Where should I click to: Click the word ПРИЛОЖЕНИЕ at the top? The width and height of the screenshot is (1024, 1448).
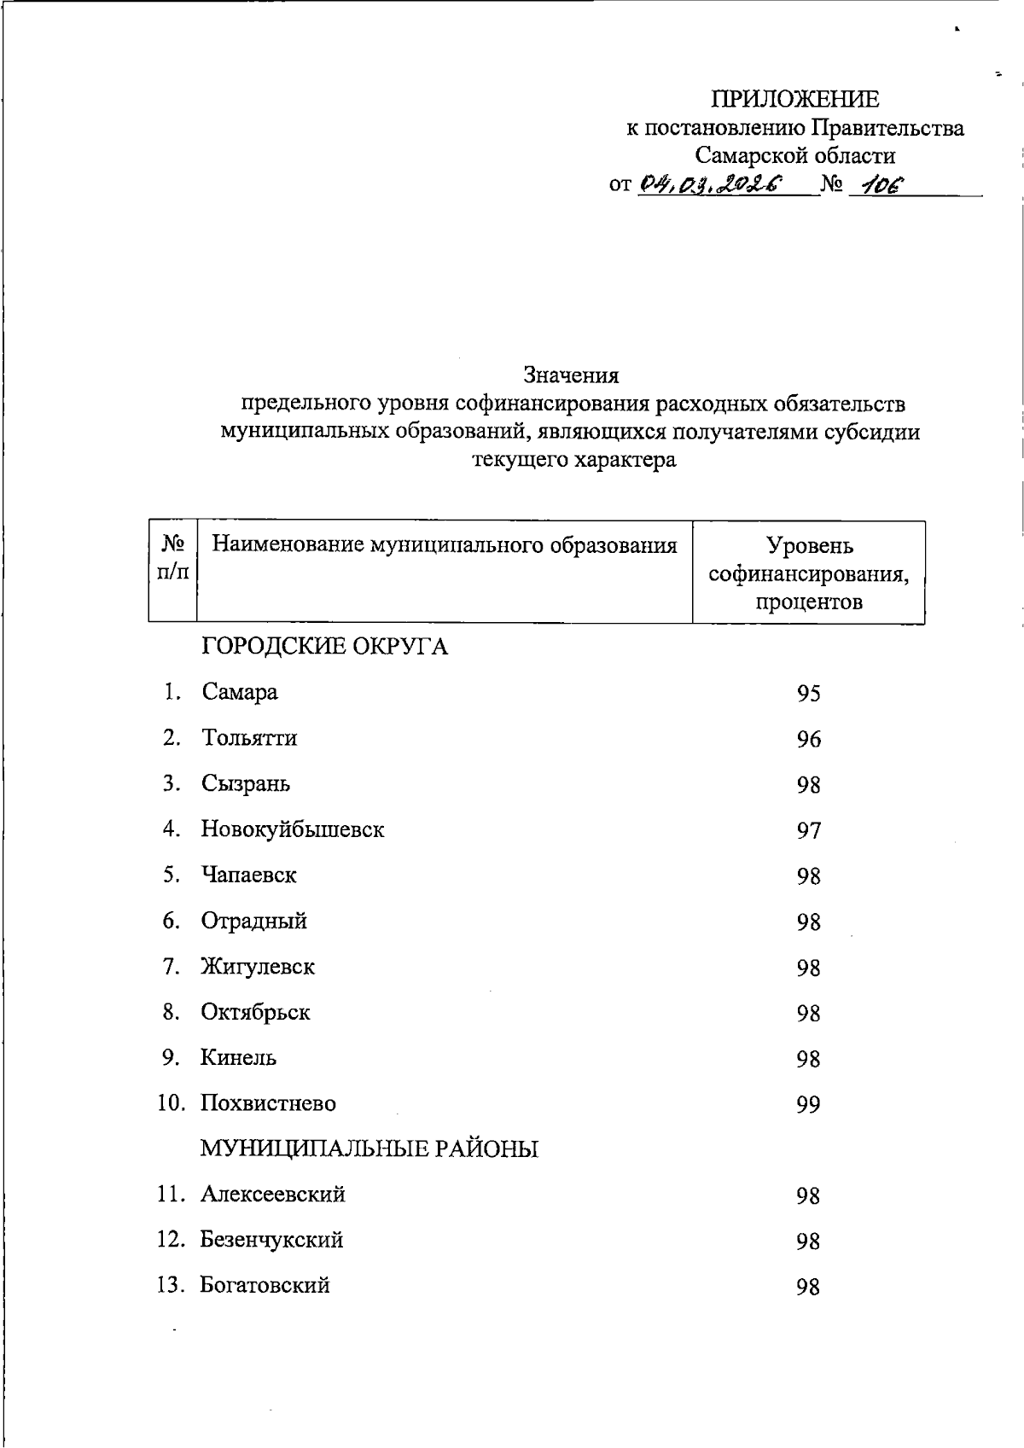click(x=795, y=100)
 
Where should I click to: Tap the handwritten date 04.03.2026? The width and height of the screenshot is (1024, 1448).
click(x=711, y=183)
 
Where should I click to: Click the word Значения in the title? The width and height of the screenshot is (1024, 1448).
click(x=571, y=375)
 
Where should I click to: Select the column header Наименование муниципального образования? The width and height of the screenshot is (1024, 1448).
click(x=444, y=544)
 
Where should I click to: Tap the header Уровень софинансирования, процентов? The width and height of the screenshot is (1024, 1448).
click(x=808, y=573)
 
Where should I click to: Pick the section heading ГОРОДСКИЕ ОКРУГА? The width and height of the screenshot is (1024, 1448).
click(x=324, y=647)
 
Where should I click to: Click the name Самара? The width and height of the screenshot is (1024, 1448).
click(x=240, y=692)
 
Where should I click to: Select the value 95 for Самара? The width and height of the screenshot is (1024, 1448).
click(x=808, y=694)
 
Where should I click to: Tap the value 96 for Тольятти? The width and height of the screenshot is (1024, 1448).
click(x=808, y=739)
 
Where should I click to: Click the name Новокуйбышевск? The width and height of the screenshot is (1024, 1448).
click(x=293, y=829)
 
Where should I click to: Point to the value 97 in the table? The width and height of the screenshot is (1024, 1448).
click(x=808, y=830)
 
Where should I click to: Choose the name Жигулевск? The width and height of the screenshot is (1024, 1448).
click(x=258, y=967)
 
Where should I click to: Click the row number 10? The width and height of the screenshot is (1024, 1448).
click(x=171, y=1103)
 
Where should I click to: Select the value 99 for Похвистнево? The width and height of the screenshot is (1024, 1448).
click(x=808, y=1105)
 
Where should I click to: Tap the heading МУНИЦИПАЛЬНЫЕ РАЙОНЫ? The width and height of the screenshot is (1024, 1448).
click(x=369, y=1149)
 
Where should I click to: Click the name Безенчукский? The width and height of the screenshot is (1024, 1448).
click(x=271, y=1240)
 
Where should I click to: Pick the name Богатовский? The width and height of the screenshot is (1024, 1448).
click(x=265, y=1285)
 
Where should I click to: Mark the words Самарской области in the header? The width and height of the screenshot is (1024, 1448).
click(x=794, y=155)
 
